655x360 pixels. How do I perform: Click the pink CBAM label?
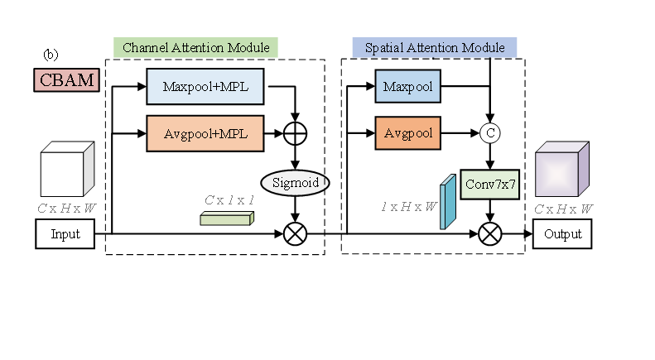tap(66, 81)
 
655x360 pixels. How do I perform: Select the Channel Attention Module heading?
tap(195, 47)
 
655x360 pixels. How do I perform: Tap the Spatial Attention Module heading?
tap(435, 47)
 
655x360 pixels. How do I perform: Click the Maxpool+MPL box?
tap(205, 87)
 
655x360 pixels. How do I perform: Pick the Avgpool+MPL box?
tap(205, 133)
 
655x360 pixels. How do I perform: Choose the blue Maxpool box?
tap(407, 87)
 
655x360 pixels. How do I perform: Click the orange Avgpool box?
tap(407, 133)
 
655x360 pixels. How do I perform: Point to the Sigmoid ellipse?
tap(296, 183)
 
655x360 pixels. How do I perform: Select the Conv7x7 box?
tap(490, 185)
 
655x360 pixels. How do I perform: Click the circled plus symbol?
tap(295, 133)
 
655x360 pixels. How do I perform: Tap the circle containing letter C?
tap(490, 132)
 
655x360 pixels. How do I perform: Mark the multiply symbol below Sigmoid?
tap(295, 234)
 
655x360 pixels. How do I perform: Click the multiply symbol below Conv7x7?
tap(490, 234)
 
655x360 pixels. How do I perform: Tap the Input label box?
tap(65, 234)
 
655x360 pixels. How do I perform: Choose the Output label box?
tap(563, 234)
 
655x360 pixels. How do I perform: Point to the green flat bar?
tap(227, 218)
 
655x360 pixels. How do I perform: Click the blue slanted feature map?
tap(448, 202)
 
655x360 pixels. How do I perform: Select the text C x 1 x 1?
tap(229, 200)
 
